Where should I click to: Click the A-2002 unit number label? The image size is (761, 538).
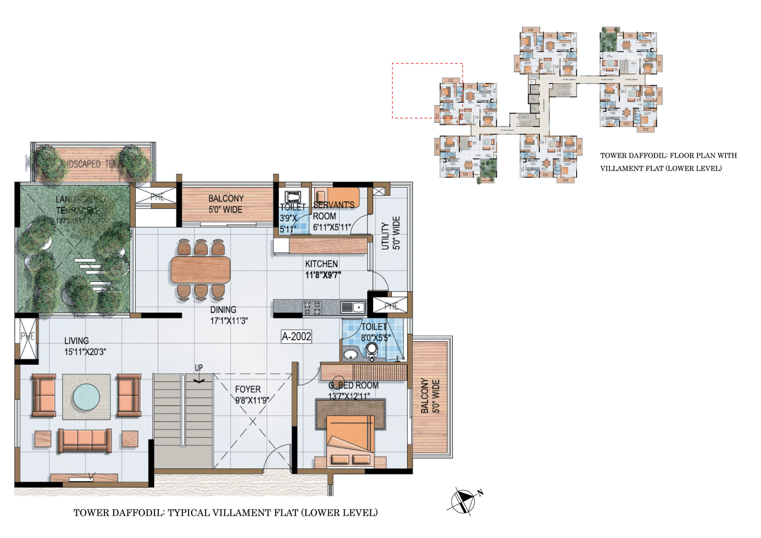[x=296, y=336]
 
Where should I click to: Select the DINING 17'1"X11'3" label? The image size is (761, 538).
[x=228, y=315]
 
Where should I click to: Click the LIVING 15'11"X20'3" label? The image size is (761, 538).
[x=85, y=346]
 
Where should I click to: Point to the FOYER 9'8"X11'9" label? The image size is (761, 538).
[x=252, y=394]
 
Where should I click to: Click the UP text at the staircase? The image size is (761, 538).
[x=199, y=368]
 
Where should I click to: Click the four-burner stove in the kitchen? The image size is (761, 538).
[x=312, y=308]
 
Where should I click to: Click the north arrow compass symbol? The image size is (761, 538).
[x=463, y=501]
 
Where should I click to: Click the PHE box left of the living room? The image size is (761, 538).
[x=27, y=338]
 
